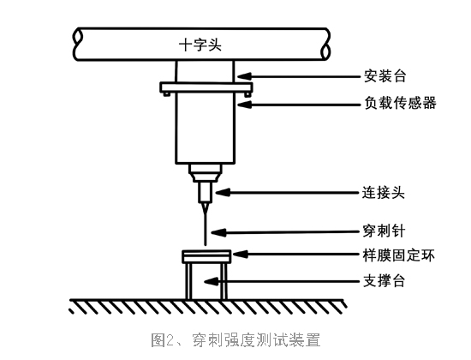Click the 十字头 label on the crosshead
pyautogui.click(x=200, y=45)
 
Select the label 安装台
pyautogui.click(x=385, y=75)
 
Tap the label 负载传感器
pyautogui.click(x=400, y=103)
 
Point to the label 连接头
pyautogui.click(x=384, y=192)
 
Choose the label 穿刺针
pyautogui.click(x=384, y=231)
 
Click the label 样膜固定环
pyautogui.click(x=398, y=255)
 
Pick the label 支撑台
pyautogui.click(x=385, y=281)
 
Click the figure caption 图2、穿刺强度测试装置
pyautogui.click(x=235, y=339)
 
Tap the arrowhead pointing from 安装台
pyautogui.click(x=244, y=76)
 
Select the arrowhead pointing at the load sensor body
pyautogui.click(x=244, y=105)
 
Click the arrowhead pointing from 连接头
pyautogui.click(x=223, y=193)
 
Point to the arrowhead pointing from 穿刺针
pyautogui.click(x=218, y=232)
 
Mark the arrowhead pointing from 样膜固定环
pyautogui.click(x=241, y=255)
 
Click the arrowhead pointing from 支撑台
pyautogui.click(x=212, y=281)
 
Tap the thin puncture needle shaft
pyautogui.click(x=206, y=225)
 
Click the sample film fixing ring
pyautogui.click(x=206, y=256)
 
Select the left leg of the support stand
pyautogui.click(x=188, y=281)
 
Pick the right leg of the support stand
pyautogui.click(x=224, y=281)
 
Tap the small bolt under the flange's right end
pyautogui.click(x=247, y=94)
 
